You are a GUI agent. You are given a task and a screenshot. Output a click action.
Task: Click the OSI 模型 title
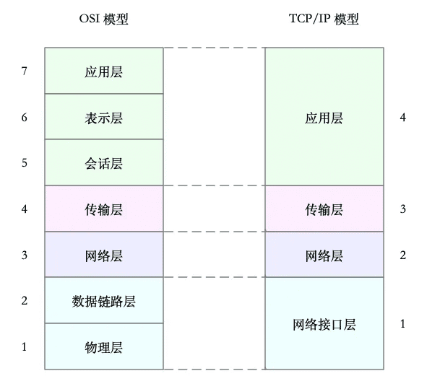coord(103,19)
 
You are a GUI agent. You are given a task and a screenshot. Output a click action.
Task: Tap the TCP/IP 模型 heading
coord(324,19)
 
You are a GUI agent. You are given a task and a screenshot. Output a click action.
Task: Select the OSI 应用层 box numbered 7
coord(104,71)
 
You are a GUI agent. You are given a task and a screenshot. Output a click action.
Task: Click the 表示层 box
coord(104,116)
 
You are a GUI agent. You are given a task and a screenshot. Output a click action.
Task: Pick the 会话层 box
coord(104,162)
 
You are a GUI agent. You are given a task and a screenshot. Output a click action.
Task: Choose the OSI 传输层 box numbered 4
coord(104,209)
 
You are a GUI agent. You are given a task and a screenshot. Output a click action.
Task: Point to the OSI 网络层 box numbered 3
coord(104,254)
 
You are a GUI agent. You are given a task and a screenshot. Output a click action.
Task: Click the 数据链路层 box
coord(104,300)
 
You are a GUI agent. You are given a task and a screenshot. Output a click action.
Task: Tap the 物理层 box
coord(104,346)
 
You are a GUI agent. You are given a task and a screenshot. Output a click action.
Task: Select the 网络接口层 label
coord(324,324)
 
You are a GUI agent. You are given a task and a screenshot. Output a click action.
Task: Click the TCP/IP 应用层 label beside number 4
coord(324,118)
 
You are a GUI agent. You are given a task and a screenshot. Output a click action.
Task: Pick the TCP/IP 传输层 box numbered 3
coord(324,209)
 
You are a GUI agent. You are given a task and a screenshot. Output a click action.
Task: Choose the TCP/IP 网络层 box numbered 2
coord(324,254)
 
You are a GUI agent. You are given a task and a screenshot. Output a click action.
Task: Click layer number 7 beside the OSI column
coord(25,71)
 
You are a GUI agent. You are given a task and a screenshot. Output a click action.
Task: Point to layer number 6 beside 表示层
coord(25,117)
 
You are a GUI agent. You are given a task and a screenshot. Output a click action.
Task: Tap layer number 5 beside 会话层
coord(25,163)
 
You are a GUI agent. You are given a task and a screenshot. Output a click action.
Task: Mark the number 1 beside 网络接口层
coord(402,324)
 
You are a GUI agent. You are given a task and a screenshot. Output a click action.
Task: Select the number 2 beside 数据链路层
coord(25,301)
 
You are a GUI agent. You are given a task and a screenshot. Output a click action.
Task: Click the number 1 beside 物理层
coord(25,347)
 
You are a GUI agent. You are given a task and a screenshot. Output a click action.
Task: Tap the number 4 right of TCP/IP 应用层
coord(402,117)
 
